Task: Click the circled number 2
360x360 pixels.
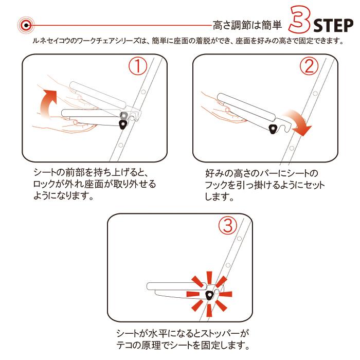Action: (309, 66)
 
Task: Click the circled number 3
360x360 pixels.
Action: (227, 225)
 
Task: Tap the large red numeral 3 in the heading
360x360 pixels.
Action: (300, 20)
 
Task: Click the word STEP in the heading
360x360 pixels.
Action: (333, 26)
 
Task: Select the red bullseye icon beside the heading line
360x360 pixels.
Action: (26, 25)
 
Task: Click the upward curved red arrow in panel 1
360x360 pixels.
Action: (48, 103)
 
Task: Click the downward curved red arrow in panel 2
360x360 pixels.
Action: (298, 123)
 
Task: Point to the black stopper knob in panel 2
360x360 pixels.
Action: (273, 129)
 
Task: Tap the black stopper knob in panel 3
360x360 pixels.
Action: (209, 295)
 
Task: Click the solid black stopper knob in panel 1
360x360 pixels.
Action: (123, 124)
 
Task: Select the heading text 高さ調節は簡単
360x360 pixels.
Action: (247, 25)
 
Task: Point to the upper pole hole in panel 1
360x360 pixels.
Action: (143, 92)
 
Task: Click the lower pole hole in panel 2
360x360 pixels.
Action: (292, 148)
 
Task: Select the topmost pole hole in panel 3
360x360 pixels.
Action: (239, 239)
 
